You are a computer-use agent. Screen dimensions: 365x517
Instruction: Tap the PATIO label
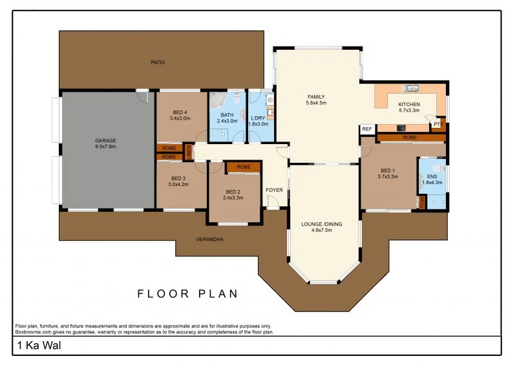[158, 63]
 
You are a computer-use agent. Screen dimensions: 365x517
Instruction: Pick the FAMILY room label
[316, 97]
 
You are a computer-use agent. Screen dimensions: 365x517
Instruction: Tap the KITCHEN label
[408, 105]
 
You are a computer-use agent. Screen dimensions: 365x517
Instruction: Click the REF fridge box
[367, 129]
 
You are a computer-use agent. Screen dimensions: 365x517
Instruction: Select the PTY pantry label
[438, 124]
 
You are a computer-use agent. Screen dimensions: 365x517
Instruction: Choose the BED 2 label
[233, 191]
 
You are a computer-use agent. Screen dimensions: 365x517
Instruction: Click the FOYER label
[274, 190]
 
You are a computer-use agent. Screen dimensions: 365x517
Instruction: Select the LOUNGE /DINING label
[321, 225]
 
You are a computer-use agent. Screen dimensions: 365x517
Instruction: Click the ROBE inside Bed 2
[243, 167]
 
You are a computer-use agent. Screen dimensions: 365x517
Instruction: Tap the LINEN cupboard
[189, 152]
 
